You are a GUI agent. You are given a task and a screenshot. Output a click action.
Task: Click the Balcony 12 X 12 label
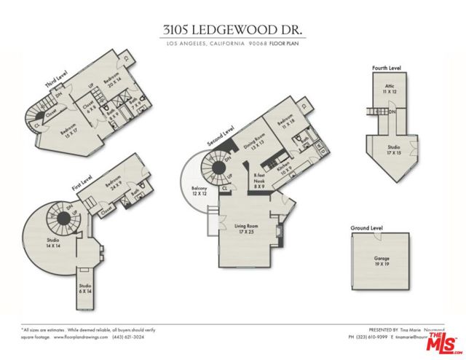tap(200, 192)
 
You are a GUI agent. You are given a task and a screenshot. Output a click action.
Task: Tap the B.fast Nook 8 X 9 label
tap(258, 181)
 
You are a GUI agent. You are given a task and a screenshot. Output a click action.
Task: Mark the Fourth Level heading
tap(387, 68)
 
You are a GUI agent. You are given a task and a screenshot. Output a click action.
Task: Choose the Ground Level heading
tap(367, 228)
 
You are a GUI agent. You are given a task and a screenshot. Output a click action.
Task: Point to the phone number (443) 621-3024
tap(131, 337)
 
